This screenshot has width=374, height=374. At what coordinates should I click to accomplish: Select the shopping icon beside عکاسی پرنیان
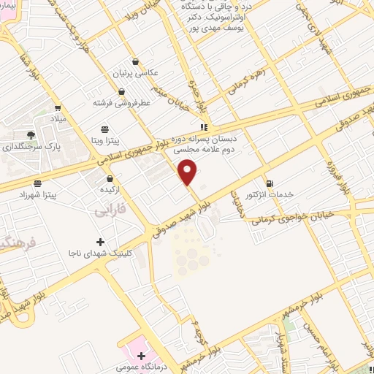pyautogui.click(x=134, y=62)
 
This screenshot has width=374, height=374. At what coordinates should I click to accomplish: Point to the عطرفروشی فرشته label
pyautogui.click(x=121, y=103)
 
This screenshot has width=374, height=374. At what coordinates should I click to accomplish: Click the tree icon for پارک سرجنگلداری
pyautogui.click(x=30, y=134)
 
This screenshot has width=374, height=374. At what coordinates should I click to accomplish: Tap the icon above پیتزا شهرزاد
pyautogui.click(x=37, y=183)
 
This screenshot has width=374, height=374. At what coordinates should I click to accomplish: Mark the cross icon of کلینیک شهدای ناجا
pyautogui.click(x=100, y=241)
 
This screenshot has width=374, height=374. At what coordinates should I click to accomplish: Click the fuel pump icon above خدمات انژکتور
pyautogui.click(x=270, y=183)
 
